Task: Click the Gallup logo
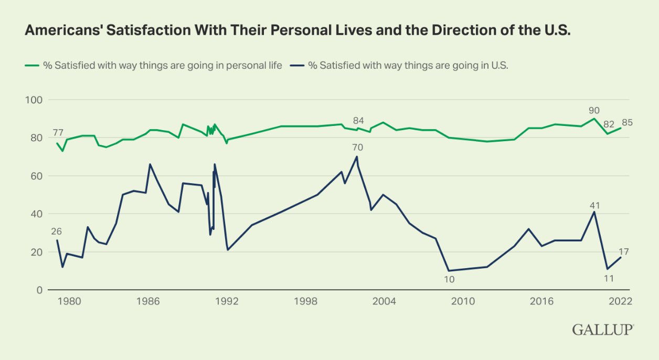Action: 603,330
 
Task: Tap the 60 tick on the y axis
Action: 36,176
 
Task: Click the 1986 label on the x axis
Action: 148,301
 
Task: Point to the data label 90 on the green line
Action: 594,110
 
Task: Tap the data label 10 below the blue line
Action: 449,279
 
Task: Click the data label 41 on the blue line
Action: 594,205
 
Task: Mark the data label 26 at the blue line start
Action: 57,231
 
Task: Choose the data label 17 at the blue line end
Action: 623,252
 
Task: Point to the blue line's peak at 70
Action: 357,156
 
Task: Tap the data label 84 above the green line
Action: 358,121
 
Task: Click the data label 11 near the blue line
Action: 609,278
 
